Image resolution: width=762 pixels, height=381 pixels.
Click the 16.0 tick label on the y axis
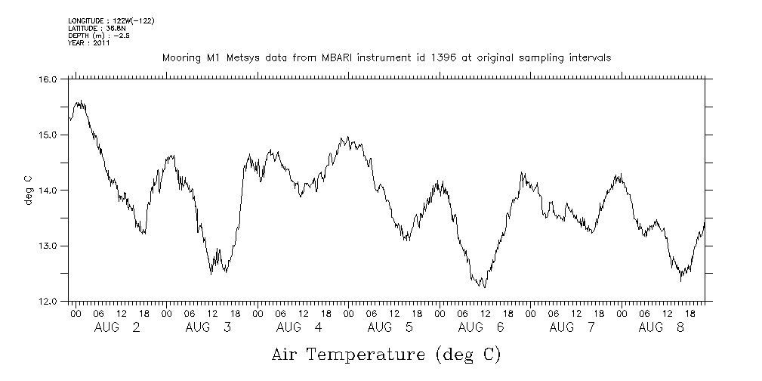click(x=48, y=79)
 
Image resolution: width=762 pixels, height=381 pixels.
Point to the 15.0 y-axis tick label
click(x=48, y=135)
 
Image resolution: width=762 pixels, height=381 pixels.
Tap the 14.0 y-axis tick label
click(x=48, y=190)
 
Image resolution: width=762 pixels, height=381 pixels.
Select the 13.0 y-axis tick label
click(x=48, y=246)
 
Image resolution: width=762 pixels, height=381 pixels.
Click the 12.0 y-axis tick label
click(x=48, y=301)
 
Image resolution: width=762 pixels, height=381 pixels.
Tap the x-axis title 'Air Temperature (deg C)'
click(x=386, y=354)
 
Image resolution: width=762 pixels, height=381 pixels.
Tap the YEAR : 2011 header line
click(x=88, y=43)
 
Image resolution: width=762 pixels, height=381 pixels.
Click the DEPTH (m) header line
click(x=98, y=35)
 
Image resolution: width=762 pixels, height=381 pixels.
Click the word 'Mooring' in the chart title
click(x=180, y=57)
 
